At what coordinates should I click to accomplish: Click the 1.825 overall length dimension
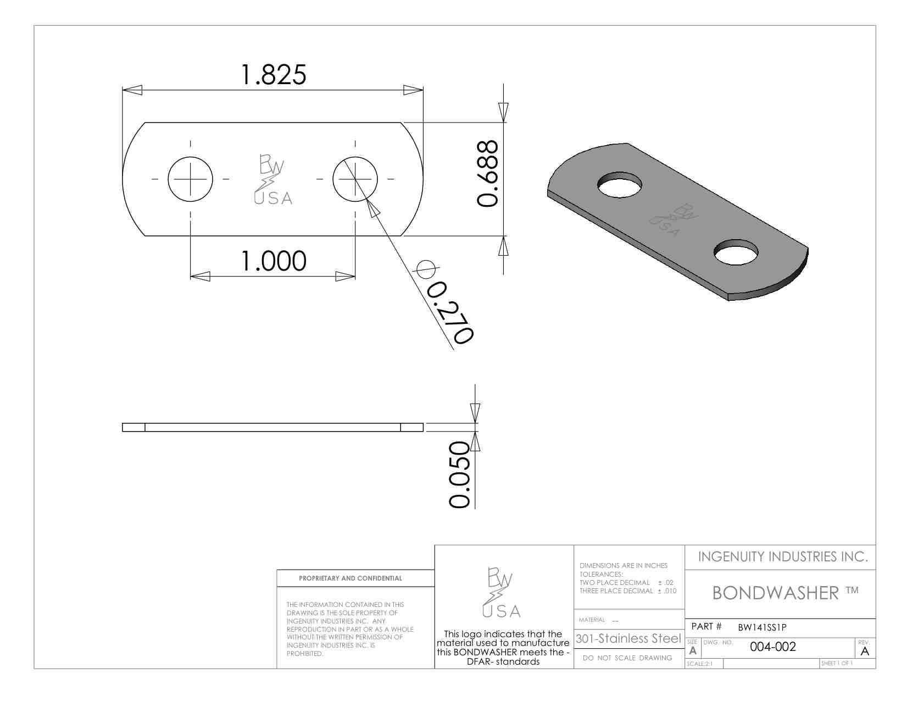pyautogui.click(x=274, y=75)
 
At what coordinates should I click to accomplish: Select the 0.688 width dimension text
pyautogui.click(x=487, y=173)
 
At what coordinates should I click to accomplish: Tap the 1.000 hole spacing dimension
pyautogui.click(x=274, y=261)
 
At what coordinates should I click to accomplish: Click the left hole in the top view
pyautogui.click(x=190, y=179)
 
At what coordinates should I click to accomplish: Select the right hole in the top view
pyautogui.click(x=355, y=179)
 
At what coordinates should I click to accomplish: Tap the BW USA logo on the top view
pyautogui.click(x=272, y=180)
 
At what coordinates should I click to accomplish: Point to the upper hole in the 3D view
pyautogui.click(x=620, y=185)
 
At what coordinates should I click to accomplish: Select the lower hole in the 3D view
pyautogui.click(x=736, y=252)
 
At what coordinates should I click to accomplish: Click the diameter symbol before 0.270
pyautogui.click(x=425, y=269)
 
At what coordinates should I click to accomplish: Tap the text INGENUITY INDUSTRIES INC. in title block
pyautogui.click(x=782, y=557)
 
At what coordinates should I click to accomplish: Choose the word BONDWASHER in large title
pyautogui.click(x=775, y=593)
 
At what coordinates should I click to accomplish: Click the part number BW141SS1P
pyautogui.click(x=762, y=627)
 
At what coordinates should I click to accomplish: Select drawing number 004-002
pyautogui.click(x=772, y=647)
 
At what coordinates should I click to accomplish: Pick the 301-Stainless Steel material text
pyautogui.click(x=628, y=639)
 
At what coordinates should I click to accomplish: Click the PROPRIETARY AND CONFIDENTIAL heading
pyautogui.click(x=350, y=578)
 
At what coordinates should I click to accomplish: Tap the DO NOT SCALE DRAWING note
pyautogui.click(x=627, y=658)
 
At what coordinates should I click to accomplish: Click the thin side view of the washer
pyautogui.click(x=272, y=427)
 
